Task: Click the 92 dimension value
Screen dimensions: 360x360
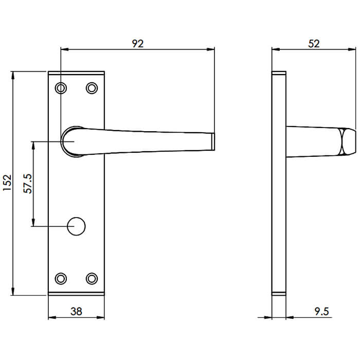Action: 137,44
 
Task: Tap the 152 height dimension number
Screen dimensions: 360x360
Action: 7,183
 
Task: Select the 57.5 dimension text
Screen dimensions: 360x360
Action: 28,183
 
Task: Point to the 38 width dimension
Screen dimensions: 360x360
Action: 76,311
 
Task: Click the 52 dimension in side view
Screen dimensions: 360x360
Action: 314,44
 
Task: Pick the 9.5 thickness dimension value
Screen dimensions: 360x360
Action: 320,311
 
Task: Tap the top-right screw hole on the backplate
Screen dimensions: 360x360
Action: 92,88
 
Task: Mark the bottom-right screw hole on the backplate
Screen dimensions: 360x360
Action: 92,278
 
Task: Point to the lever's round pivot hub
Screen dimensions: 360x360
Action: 71,141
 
